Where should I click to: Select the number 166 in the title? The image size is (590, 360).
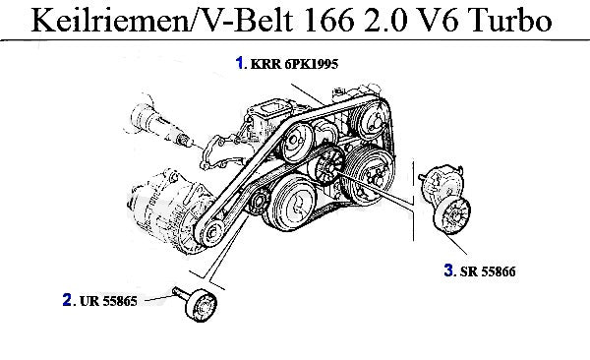(x=329, y=20)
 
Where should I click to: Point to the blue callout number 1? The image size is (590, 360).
(x=239, y=63)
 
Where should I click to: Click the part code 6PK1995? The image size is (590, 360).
(x=312, y=64)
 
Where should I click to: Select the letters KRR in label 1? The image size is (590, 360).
(x=265, y=64)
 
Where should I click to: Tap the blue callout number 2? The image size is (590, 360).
(x=67, y=300)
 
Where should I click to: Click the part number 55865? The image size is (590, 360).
(x=120, y=301)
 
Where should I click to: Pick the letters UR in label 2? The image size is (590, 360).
(x=89, y=301)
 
